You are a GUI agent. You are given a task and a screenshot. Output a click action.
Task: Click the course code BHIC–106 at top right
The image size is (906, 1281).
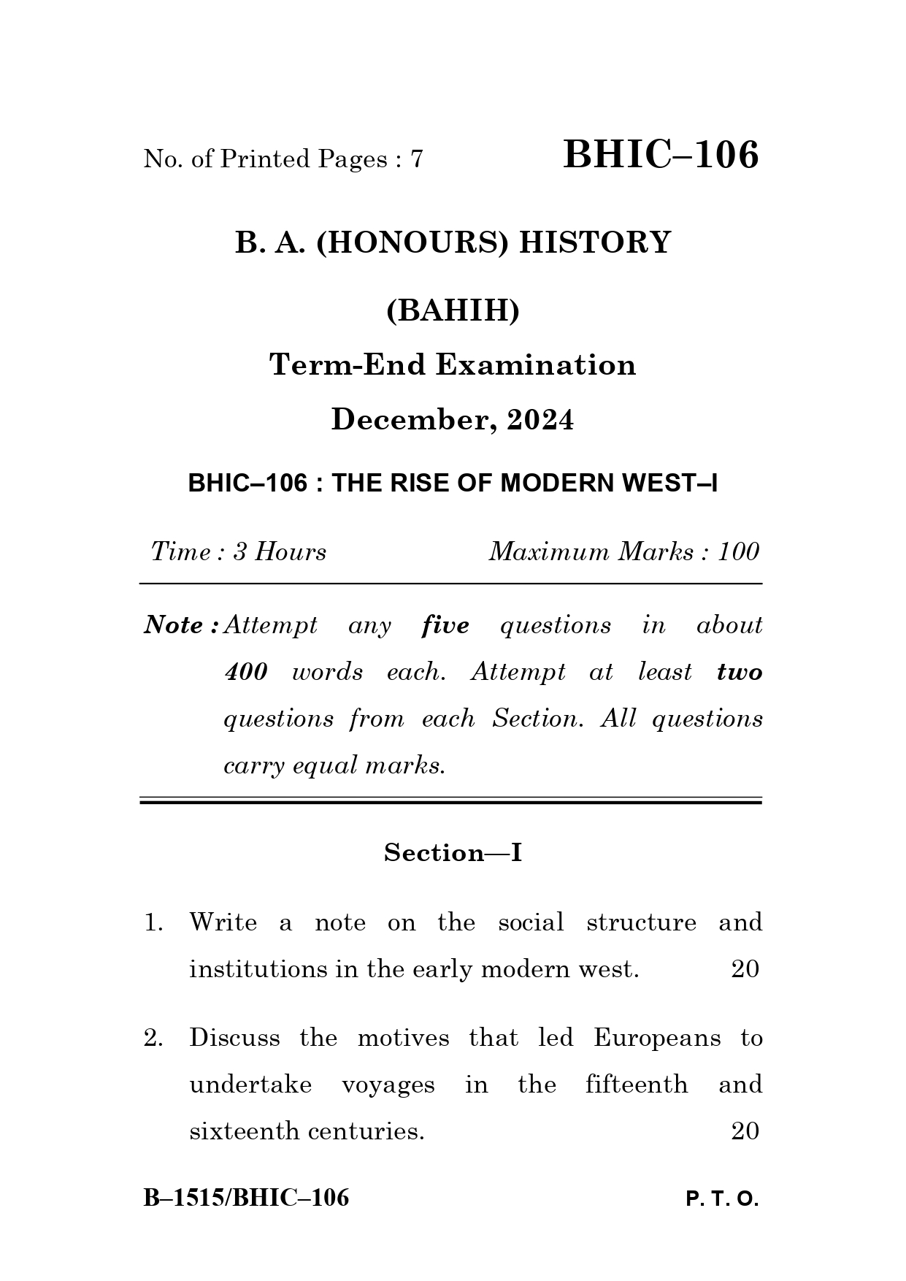(661, 155)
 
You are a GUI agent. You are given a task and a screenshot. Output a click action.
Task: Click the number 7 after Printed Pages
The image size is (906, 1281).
(417, 159)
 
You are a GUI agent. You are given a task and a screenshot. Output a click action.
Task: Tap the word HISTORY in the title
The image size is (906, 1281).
(594, 242)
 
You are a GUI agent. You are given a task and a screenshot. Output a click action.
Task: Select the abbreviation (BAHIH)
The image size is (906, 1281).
(453, 311)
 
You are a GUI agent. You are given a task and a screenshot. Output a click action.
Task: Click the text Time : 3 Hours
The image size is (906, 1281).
(239, 551)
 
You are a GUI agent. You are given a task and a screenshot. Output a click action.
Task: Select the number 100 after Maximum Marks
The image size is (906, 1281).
(738, 551)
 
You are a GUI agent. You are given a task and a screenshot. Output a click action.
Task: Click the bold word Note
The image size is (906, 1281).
(174, 625)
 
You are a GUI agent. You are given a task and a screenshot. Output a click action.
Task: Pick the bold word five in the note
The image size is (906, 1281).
(445, 625)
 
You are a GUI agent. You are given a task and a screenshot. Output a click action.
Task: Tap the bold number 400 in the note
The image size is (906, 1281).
(246, 672)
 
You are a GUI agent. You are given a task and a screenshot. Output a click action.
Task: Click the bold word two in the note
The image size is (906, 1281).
(739, 672)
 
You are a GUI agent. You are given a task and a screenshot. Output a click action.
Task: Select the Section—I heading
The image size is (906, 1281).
(453, 852)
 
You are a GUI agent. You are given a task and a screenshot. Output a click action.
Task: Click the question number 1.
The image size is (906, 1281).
(153, 922)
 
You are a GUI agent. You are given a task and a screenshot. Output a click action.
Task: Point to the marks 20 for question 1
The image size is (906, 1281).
(745, 969)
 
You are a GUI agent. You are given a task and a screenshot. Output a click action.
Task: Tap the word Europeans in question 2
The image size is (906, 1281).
(656, 1038)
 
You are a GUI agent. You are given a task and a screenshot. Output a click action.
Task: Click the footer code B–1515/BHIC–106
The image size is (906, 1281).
(246, 1198)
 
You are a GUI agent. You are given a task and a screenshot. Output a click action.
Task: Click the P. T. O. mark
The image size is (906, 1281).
(722, 1199)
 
